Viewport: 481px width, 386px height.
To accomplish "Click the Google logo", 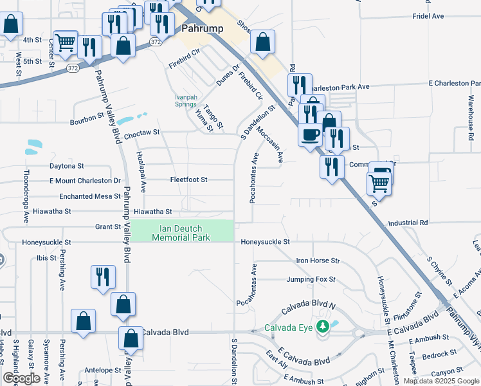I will click(21, 378).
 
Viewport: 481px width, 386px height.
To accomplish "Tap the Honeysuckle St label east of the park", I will click(266, 242).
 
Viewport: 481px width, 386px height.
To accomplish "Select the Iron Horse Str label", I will click(317, 261).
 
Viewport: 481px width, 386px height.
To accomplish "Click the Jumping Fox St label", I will click(311, 279).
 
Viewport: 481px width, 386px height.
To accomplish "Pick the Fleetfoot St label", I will click(188, 179).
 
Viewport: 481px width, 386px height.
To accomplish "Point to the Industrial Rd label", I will click(408, 223).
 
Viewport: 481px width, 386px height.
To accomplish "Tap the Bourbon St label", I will click(87, 118).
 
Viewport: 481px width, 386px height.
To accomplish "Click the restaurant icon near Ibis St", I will click(103, 277).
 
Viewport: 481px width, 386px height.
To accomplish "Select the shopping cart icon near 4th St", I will click(66, 42).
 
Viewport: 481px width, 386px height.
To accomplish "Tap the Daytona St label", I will click(66, 166).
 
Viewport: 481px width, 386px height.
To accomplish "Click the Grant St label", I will click(108, 226).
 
